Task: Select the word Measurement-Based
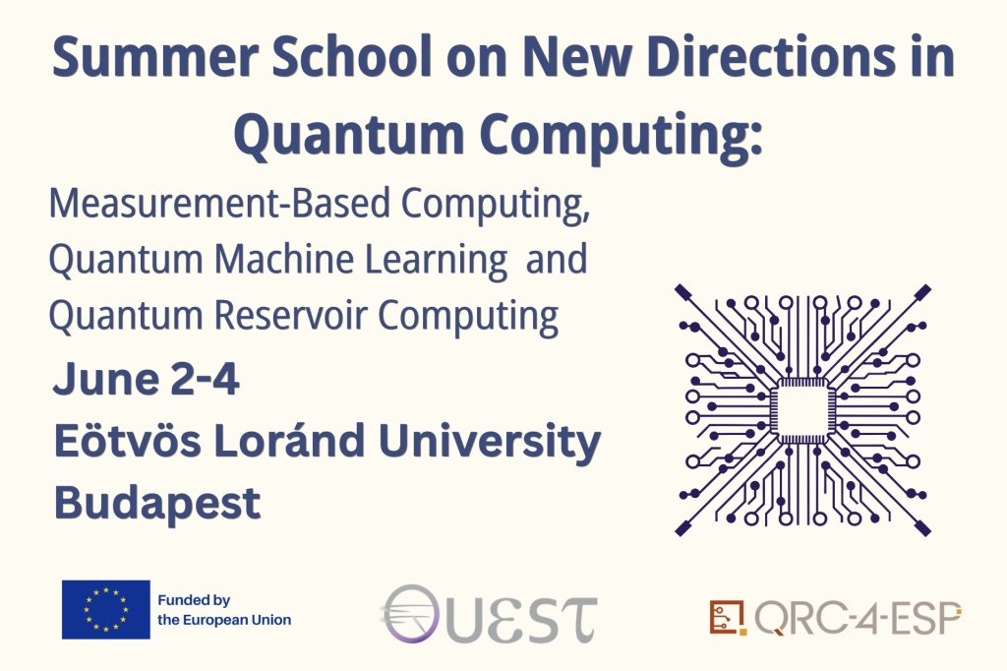(x=219, y=203)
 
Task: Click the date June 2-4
(x=147, y=379)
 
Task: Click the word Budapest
(x=157, y=504)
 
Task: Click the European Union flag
(x=106, y=609)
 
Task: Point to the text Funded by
(x=194, y=600)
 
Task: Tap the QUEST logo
(x=490, y=614)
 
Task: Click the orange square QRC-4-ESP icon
(x=728, y=617)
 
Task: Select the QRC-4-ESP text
(x=858, y=618)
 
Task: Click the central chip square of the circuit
(x=802, y=410)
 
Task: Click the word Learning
(x=437, y=261)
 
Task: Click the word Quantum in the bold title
(x=349, y=134)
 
